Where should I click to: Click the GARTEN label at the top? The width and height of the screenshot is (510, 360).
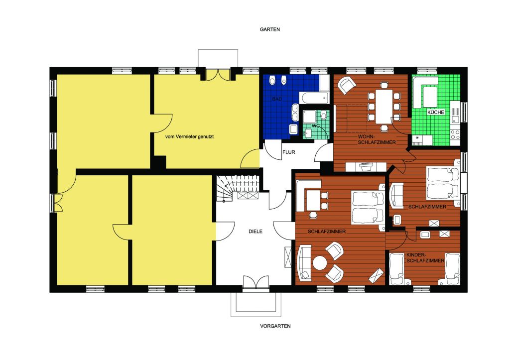(x=269, y=29)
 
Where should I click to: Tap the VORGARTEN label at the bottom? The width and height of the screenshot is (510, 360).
(x=275, y=326)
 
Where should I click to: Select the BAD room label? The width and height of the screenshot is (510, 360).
(x=277, y=99)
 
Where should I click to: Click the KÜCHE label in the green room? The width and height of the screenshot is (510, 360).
(x=435, y=112)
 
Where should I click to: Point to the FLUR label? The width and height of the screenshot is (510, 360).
(x=288, y=152)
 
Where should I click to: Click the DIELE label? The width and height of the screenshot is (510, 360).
(x=255, y=232)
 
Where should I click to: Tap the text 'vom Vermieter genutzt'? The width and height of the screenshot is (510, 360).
(x=189, y=137)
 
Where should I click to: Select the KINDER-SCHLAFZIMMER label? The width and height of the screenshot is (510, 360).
(x=425, y=258)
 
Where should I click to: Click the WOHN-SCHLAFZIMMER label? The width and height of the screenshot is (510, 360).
(x=377, y=139)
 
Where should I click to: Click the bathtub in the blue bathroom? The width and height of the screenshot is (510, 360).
(x=315, y=97)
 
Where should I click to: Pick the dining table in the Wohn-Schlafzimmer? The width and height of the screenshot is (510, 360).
(x=384, y=107)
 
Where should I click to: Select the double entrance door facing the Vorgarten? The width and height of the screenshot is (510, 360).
(x=256, y=282)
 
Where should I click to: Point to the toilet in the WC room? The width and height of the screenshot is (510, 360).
(x=323, y=116)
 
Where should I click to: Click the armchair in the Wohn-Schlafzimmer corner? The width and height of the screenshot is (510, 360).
(x=347, y=85)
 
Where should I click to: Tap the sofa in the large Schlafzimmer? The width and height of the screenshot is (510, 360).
(x=305, y=262)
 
